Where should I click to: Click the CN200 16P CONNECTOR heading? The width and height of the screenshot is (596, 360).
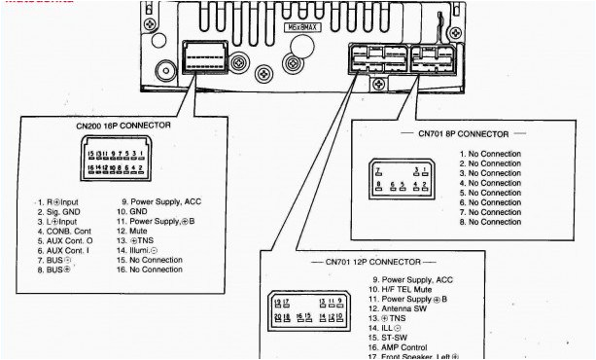coord(123,126)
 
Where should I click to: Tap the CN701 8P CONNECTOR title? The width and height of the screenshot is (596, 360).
coord(463,133)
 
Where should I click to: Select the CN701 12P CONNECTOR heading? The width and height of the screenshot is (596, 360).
coord(373,263)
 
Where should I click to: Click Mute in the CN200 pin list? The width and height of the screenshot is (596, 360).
coord(139,232)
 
